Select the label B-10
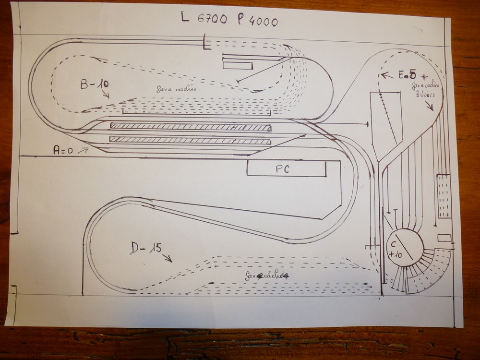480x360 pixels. [94, 84]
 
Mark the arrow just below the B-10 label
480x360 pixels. [104, 94]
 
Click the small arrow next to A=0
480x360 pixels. [83, 150]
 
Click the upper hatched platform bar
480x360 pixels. [190, 127]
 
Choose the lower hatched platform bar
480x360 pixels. [190, 140]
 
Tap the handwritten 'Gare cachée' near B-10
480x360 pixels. [176, 89]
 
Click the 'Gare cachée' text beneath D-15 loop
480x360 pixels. [267, 276]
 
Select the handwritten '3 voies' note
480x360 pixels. [424, 95]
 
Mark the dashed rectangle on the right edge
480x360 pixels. [444, 196]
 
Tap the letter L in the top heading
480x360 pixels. [184, 19]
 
